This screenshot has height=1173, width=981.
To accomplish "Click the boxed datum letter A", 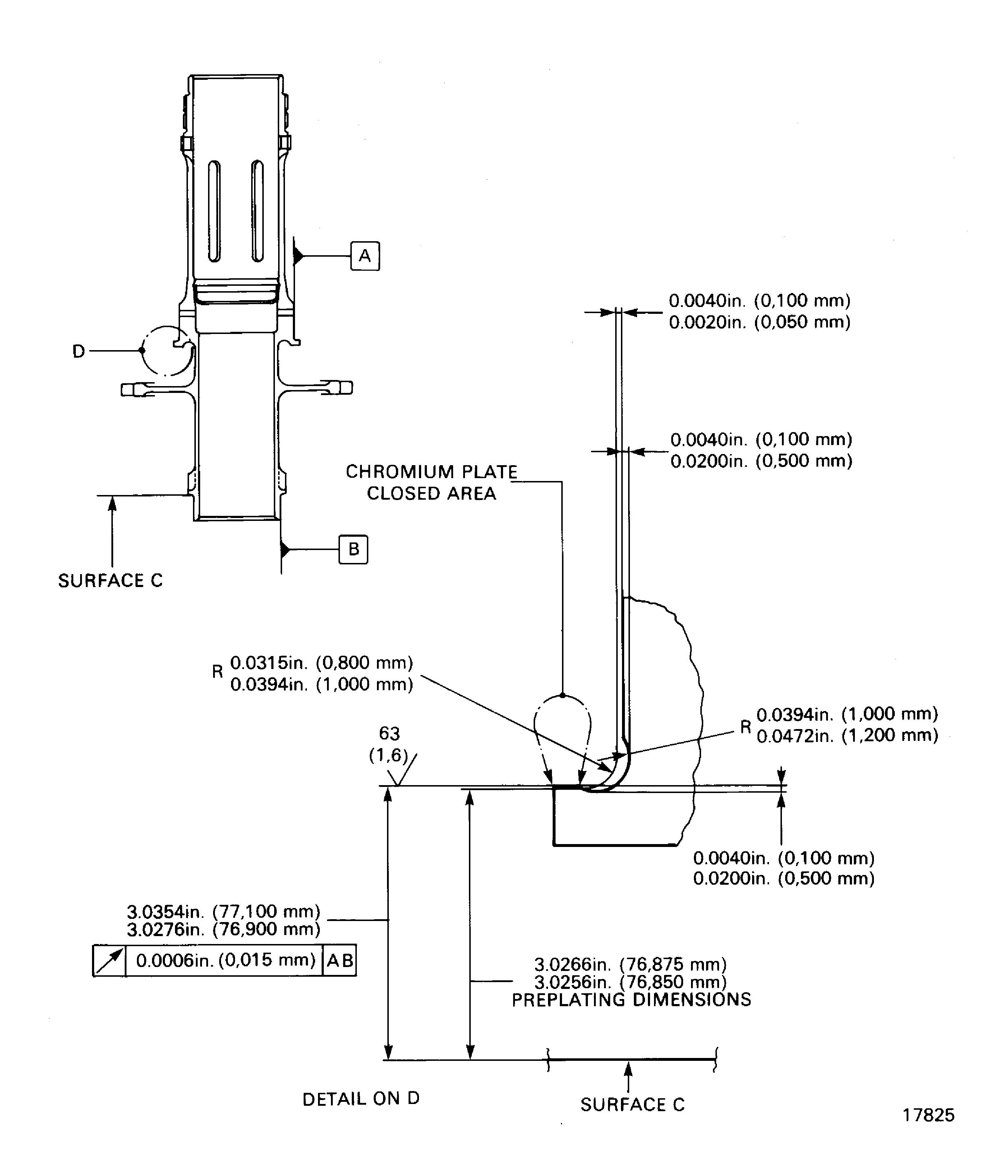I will click(365, 256).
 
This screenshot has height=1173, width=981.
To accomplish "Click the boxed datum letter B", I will click(354, 549).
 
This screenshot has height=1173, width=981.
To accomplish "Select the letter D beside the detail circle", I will click(79, 351).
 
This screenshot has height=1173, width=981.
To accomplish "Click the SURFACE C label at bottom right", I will click(632, 1104).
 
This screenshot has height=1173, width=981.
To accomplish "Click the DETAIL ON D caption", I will click(361, 1099).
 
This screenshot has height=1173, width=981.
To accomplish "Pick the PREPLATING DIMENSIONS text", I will click(631, 999).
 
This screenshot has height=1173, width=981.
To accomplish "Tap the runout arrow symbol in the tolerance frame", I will click(110, 960).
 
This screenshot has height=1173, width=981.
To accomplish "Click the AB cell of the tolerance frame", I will click(340, 960).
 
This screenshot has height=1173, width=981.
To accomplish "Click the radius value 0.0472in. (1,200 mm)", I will click(847, 735).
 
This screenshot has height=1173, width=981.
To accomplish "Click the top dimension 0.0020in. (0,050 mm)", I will click(759, 322).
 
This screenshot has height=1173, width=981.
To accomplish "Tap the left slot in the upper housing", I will click(214, 211).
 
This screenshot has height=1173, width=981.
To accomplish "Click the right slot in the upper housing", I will click(257, 211).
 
